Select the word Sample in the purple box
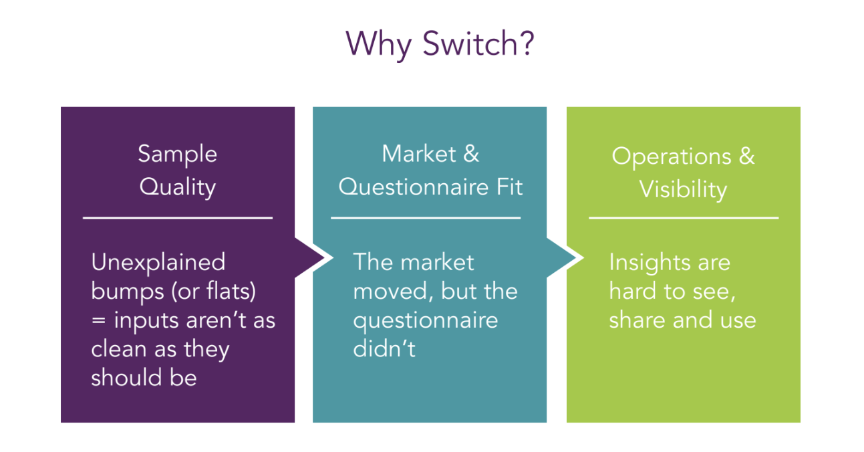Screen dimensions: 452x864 (178, 154)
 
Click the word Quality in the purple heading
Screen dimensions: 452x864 (178, 187)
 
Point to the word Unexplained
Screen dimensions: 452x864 (158, 261)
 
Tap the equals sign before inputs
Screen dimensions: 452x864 (98, 320)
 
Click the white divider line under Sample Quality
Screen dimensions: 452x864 (178, 217)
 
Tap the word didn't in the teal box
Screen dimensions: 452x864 (384, 348)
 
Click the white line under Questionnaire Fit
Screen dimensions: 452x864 (426, 217)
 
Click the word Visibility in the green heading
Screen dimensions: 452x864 (683, 189)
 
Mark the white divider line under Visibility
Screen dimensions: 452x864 (684, 217)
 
